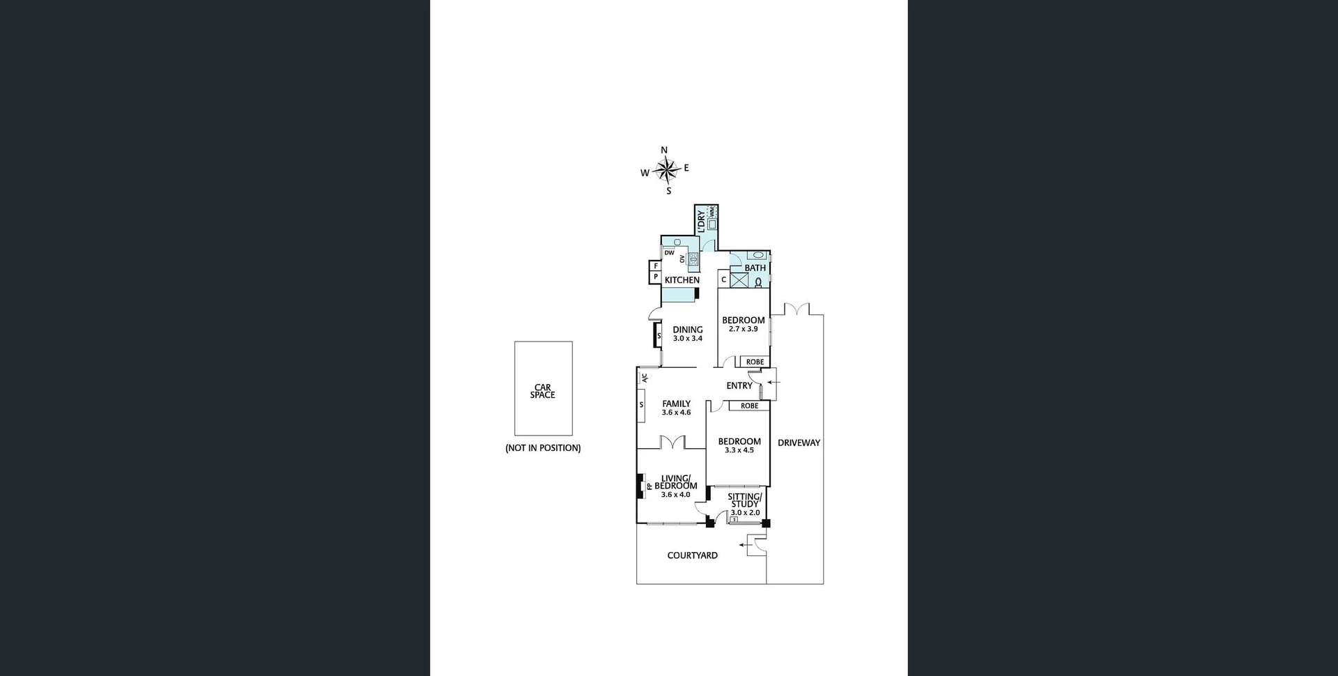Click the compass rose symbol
(x=667, y=169)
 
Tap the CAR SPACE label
(x=543, y=391)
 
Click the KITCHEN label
(x=682, y=280)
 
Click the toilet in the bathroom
(x=758, y=282)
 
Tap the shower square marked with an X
(x=739, y=280)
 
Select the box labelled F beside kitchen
(x=656, y=266)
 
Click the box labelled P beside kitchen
(x=656, y=277)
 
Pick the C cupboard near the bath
(x=723, y=279)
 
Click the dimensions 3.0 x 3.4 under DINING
(x=688, y=339)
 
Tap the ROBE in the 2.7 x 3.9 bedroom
(x=755, y=362)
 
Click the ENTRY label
(x=739, y=385)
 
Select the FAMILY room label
(x=676, y=404)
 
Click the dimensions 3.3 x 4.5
(x=739, y=450)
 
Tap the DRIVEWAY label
(x=799, y=443)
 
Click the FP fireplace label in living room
(x=649, y=486)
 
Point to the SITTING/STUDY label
(x=745, y=500)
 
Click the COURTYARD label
(x=692, y=555)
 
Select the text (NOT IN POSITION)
(x=543, y=448)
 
